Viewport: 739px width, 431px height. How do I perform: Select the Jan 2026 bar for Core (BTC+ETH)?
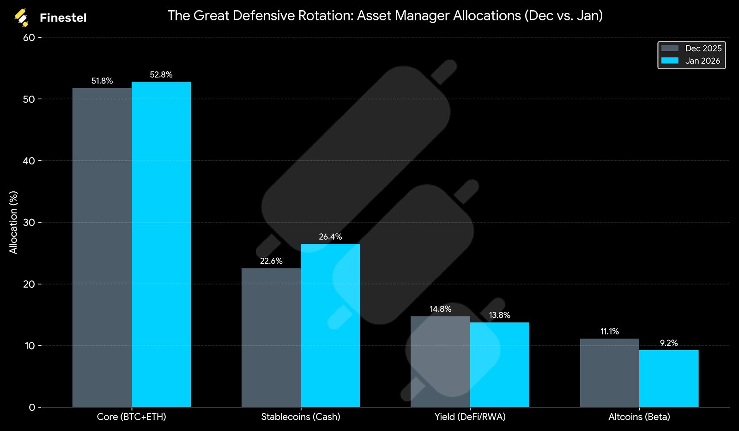pos(161,244)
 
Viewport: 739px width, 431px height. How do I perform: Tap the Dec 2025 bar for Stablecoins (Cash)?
pos(271,337)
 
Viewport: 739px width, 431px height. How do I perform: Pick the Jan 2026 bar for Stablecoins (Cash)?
pos(330,325)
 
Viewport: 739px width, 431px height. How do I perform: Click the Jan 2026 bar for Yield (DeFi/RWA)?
pos(499,364)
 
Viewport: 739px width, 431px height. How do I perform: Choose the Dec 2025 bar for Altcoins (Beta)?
pos(610,373)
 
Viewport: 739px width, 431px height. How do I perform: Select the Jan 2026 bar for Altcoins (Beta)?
pos(669,378)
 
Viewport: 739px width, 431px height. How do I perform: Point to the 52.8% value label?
pos(161,75)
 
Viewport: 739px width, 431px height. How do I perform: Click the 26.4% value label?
pos(330,237)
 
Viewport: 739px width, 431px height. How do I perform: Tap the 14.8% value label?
pos(440,309)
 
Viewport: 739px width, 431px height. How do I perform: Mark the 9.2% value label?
pos(669,343)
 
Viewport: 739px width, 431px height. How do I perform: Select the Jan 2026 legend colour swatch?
pos(670,61)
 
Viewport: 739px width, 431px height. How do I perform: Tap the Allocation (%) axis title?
pos(13,222)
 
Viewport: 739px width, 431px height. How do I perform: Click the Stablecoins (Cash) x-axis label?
pos(301,417)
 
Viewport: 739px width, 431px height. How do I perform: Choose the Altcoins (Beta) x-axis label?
pos(639,417)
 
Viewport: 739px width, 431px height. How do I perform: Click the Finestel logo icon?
pos(21,18)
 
